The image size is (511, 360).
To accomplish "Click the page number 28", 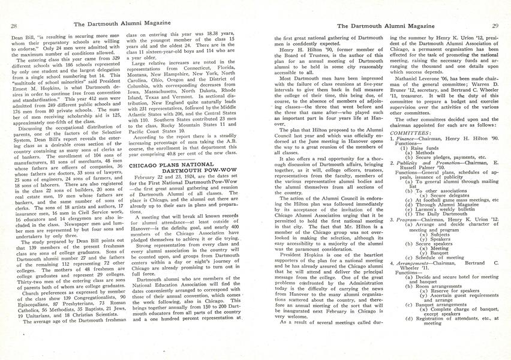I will [x=13, y=26].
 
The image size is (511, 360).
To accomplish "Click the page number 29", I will [x=495, y=26].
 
